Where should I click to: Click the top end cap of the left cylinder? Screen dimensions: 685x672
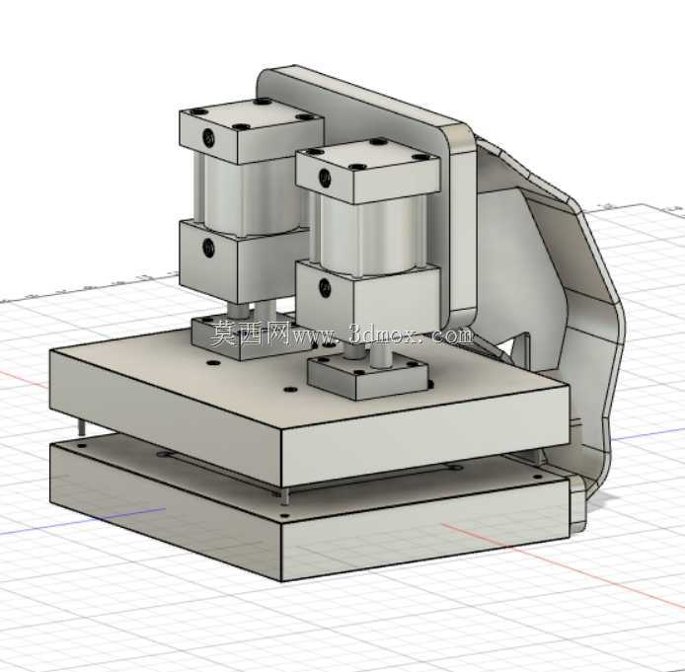point(251,130)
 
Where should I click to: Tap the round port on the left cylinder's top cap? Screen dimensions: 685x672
point(209,137)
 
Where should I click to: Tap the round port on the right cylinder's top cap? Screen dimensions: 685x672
point(325,177)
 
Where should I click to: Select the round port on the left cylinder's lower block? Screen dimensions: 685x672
point(209,248)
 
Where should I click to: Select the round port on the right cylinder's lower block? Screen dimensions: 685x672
point(325,287)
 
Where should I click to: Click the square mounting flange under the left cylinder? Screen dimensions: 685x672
point(245,337)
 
